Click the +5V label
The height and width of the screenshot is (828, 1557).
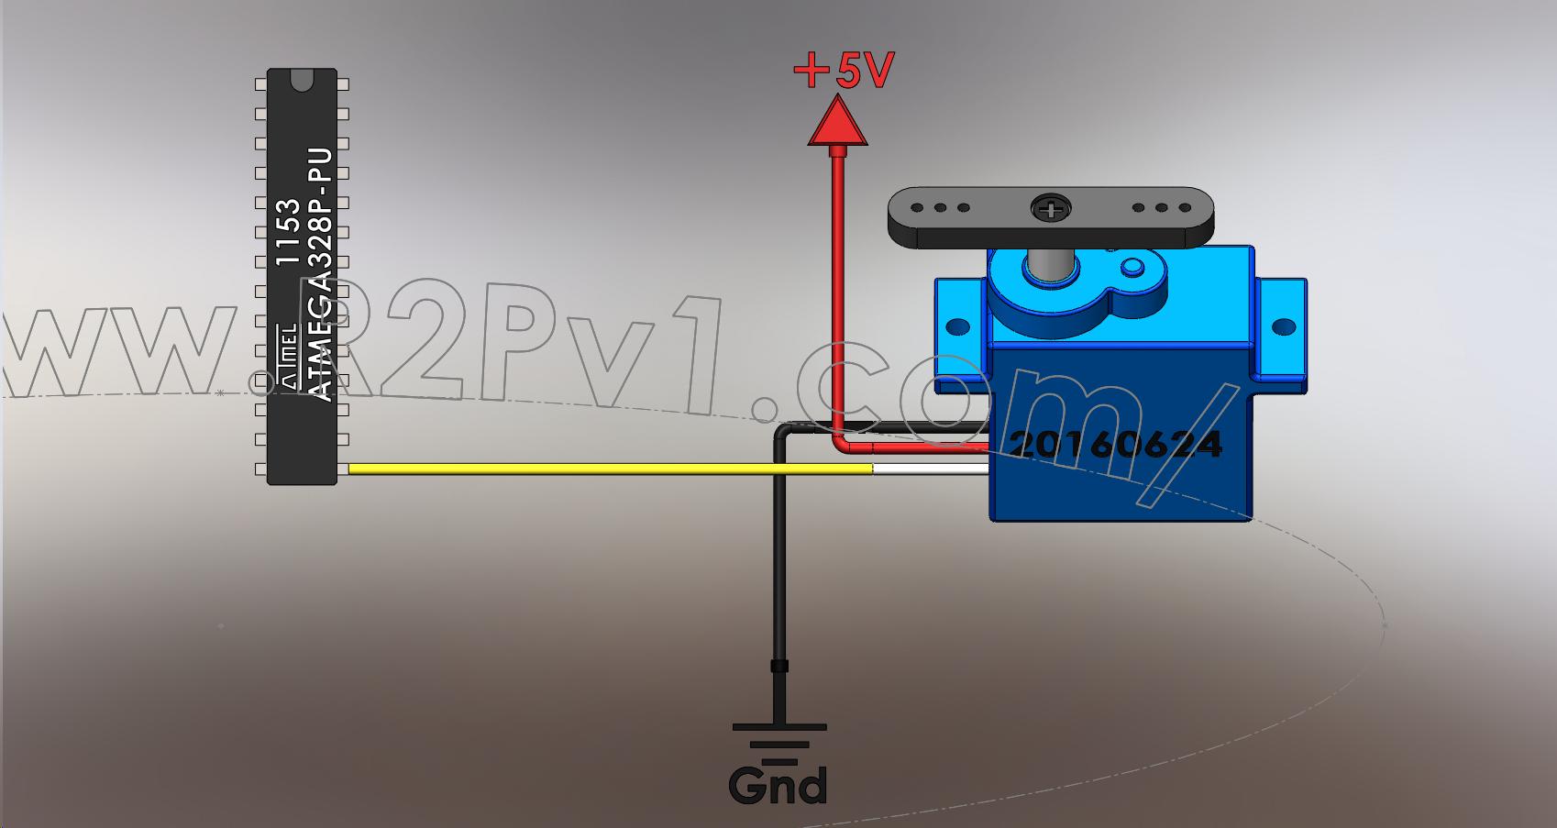843,71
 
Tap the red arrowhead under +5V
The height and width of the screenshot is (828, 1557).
837,121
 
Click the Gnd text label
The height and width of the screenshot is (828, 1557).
778,786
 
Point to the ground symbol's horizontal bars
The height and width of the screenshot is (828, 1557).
779,744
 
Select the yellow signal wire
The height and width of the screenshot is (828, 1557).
611,469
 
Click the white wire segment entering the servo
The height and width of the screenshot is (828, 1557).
931,469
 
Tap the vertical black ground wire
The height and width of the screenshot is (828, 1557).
779,577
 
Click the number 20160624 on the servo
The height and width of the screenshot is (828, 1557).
1115,444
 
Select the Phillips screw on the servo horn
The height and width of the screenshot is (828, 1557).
1050,208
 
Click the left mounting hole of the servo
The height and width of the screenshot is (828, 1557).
958,326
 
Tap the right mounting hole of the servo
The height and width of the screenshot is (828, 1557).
1283,326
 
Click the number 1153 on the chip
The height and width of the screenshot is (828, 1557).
288,232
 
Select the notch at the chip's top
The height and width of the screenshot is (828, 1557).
302,80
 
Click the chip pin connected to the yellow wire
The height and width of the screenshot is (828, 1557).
343,469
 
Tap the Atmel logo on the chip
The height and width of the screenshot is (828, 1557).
289,356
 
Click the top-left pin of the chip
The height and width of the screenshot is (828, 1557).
260,84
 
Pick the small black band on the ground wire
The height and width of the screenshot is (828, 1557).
779,667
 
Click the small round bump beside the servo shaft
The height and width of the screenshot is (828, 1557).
1132,267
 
